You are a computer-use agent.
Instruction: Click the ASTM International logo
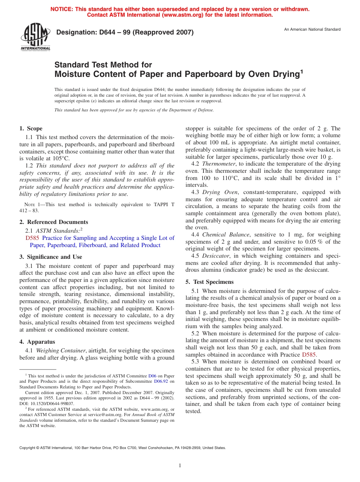click(x=35, y=38)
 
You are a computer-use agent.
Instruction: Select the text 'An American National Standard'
click(x=312, y=30)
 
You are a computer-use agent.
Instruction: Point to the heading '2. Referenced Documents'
click(x=54, y=222)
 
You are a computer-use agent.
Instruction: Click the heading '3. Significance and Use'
click(x=51, y=257)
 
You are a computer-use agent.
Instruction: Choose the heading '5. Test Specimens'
click(x=210, y=282)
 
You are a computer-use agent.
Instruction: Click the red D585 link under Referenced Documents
click(x=32, y=238)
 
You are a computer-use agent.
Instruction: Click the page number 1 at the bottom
click(x=180, y=465)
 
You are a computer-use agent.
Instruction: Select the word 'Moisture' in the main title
click(x=72, y=74)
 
